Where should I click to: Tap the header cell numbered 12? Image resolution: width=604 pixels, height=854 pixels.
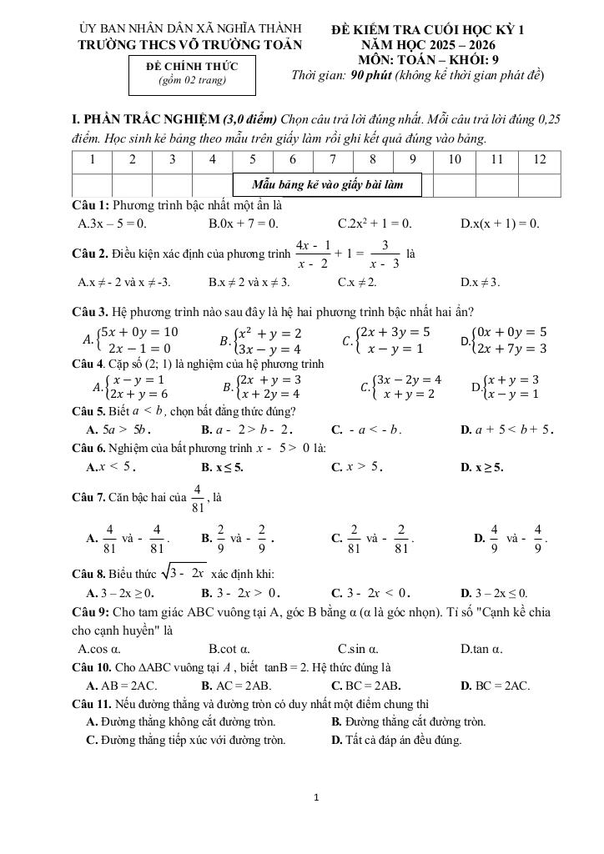(540, 158)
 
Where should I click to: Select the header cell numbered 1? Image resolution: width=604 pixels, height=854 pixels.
(92, 158)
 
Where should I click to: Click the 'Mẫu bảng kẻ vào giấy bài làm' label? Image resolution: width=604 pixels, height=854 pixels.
(327, 184)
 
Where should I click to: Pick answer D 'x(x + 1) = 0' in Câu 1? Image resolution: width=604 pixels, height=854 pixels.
(500, 224)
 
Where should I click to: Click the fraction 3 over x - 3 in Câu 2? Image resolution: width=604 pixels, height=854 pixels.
(385, 254)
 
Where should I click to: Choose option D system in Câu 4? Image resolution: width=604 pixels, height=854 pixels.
(506, 386)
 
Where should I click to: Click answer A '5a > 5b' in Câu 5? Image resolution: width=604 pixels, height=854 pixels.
(111, 430)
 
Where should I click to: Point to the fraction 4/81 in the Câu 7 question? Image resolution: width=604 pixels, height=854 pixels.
(197, 497)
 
